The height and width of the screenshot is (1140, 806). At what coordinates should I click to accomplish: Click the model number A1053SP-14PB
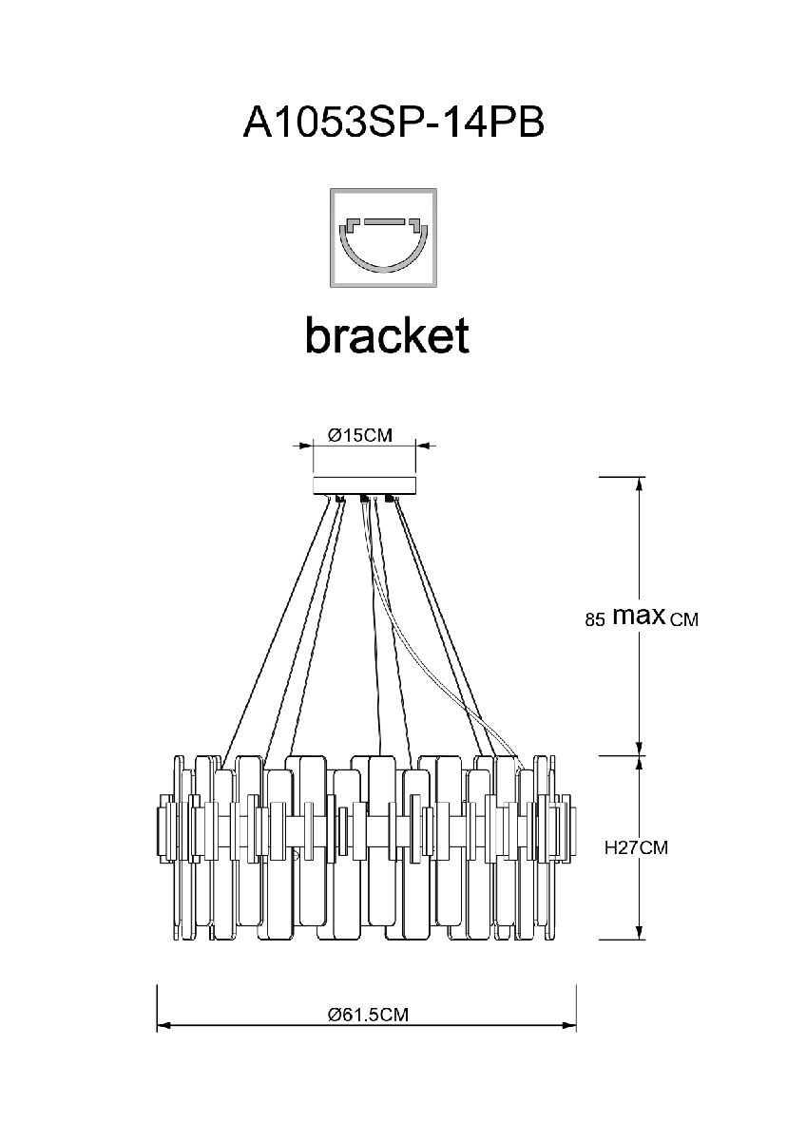tap(393, 123)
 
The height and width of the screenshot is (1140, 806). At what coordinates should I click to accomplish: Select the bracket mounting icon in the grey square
tap(382, 238)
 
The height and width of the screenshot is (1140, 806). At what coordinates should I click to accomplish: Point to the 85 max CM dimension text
tap(642, 618)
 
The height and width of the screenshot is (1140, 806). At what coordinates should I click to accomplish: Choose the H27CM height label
tap(637, 848)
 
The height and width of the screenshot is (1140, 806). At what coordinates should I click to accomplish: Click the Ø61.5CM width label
tap(368, 1014)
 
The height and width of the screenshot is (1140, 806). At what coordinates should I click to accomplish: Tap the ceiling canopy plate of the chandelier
tap(365, 484)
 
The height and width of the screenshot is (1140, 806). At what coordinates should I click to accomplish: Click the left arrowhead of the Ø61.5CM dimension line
tap(163, 1027)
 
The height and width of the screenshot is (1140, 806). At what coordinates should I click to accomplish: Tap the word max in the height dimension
tap(638, 616)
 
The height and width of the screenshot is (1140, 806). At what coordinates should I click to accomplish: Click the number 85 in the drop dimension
tap(596, 620)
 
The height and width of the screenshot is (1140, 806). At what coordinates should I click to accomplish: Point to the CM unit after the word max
tap(684, 620)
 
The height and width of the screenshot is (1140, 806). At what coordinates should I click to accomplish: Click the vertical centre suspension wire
tap(379, 627)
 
